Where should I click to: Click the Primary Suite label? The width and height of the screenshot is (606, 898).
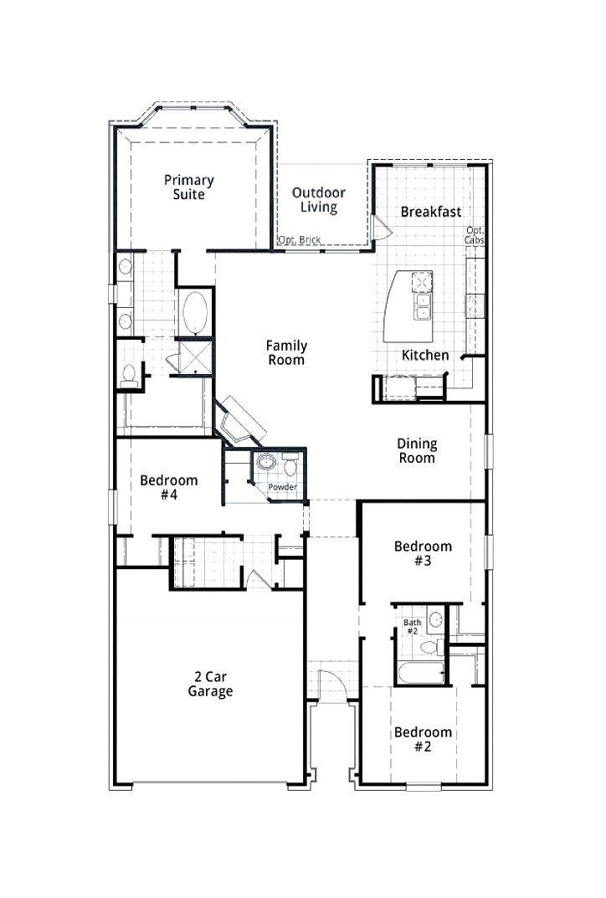pos(189,187)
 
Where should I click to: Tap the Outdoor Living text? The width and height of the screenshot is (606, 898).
pos(319,200)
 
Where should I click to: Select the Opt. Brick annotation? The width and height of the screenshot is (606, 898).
pos(300,240)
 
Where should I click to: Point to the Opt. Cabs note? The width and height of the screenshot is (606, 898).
pos(475,235)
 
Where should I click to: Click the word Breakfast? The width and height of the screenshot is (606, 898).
pos(431,213)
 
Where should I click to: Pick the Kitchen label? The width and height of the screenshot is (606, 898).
pos(425,356)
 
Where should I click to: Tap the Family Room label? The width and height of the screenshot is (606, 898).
pos(286,352)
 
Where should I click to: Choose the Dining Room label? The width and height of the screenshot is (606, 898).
pos(417,451)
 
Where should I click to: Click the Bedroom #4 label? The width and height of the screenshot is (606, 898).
pos(169,487)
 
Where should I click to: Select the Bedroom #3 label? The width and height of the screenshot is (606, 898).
pos(423,553)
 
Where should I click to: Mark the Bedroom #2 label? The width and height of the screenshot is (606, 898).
pos(423,739)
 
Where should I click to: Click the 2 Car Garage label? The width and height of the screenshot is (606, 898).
pos(210,685)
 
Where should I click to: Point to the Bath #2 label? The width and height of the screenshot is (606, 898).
pos(412,627)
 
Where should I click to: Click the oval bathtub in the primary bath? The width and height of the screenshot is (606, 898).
pos(198,311)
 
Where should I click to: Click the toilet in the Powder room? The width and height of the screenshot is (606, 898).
pos(290,465)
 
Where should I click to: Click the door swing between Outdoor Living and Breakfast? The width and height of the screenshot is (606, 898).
pos(378,225)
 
